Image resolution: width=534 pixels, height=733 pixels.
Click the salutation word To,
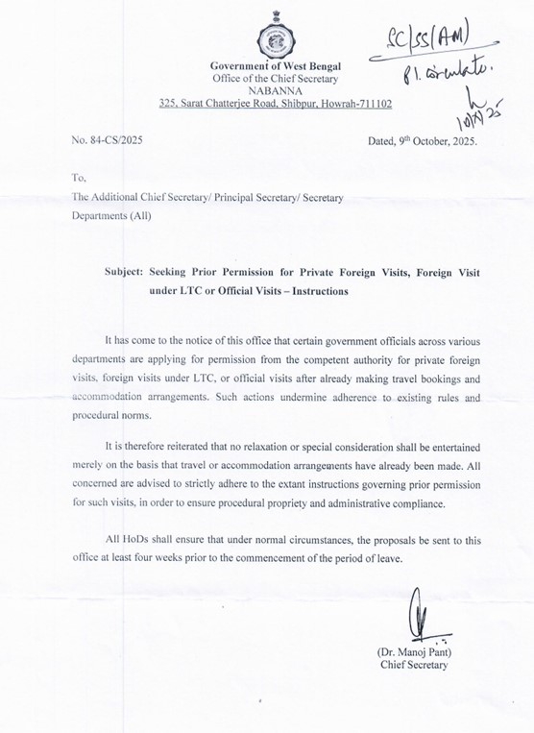[x=79, y=177]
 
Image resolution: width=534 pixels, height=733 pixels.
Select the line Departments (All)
[x=111, y=215]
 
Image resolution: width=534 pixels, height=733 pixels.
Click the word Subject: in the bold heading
[x=130, y=272]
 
